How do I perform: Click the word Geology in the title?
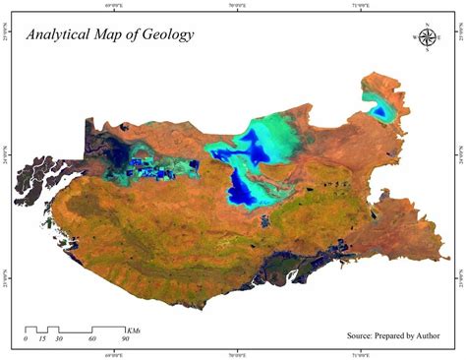tap(165, 35)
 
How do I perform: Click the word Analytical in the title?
tap(60, 34)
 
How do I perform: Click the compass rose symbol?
tap(428, 37)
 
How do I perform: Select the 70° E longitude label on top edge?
tap(239, 5)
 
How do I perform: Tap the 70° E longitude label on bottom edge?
tap(239, 355)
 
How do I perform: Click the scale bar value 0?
tap(26, 339)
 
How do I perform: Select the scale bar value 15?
tap(42, 339)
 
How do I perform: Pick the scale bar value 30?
tap(59, 339)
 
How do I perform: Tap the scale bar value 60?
tap(92, 339)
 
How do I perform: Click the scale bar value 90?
tap(125, 339)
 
